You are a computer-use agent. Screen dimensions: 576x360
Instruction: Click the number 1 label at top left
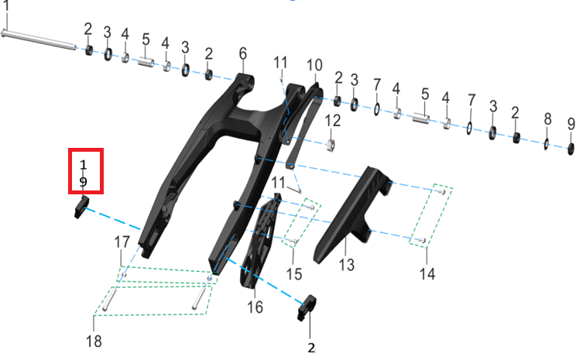pyautogui.click(x=6, y=6)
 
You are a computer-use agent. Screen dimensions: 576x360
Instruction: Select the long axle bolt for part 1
pyautogui.click(x=39, y=39)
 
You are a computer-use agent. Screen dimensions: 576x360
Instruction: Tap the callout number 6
pyautogui.click(x=243, y=53)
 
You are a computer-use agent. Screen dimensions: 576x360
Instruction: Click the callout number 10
pyautogui.click(x=314, y=65)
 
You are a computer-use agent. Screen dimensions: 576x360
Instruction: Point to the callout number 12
pyautogui.click(x=332, y=121)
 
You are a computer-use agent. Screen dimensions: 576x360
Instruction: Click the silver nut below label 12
pyautogui.click(x=331, y=145)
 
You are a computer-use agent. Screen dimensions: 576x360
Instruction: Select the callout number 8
pyautogui.click(x=547, y=119)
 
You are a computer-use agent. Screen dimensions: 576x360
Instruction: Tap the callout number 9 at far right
pyautogui.click(x=571, y=124)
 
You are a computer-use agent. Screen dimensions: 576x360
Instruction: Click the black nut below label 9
pyautogui.click(x=571, y=149)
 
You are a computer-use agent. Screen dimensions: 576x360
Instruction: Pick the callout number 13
pyautogui.click(x=347, y=265)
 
